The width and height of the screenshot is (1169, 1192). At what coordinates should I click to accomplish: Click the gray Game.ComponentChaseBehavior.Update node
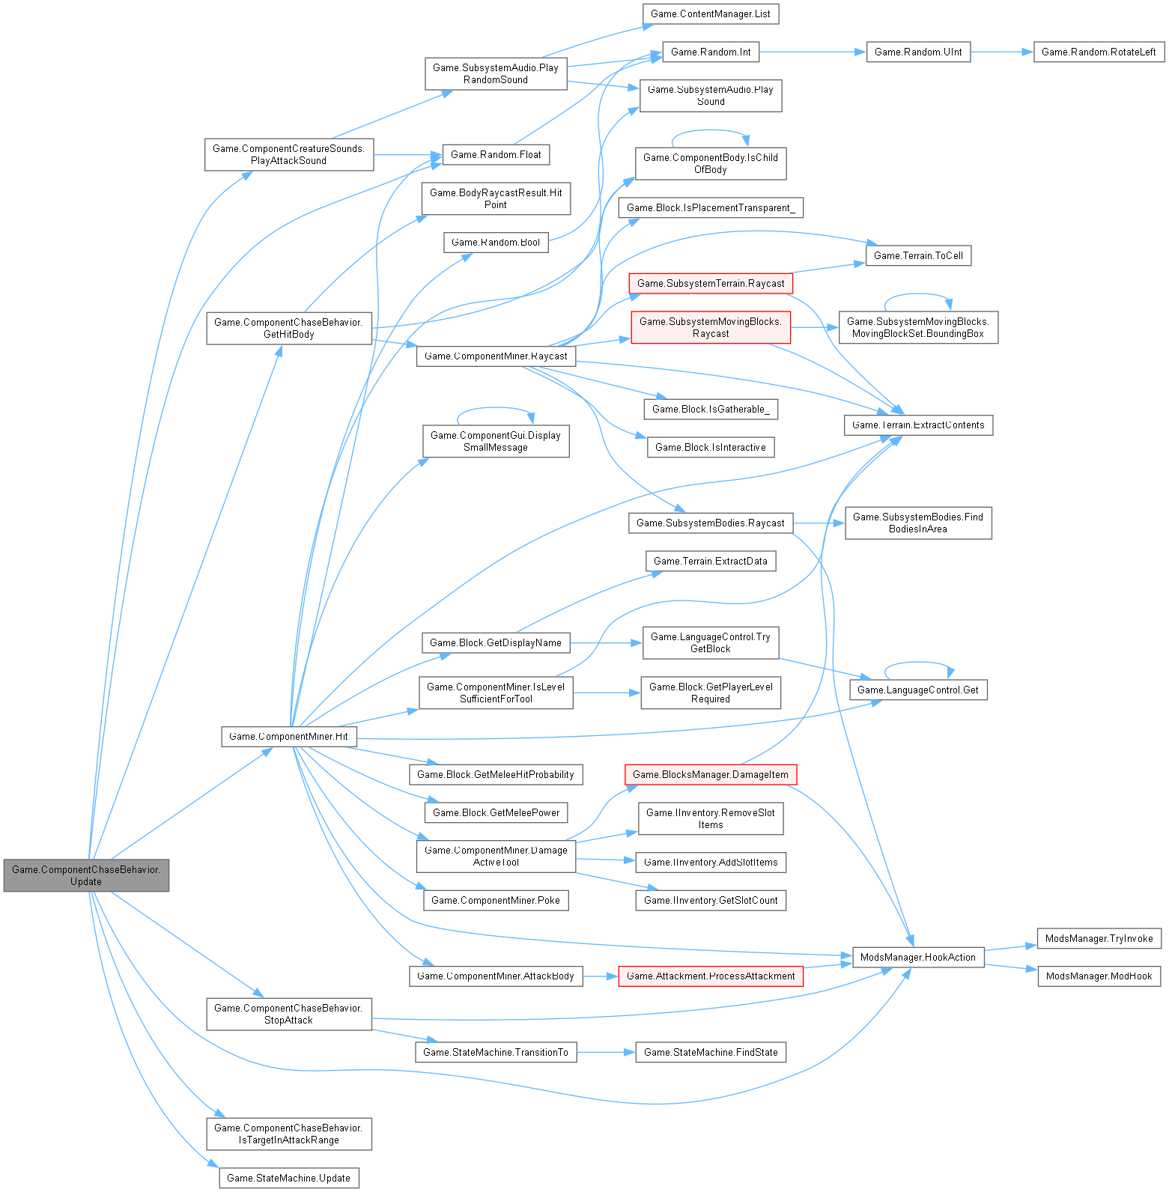[x=86, y=875]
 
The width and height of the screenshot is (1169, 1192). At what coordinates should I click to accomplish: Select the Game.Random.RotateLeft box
[x=1098, y=52]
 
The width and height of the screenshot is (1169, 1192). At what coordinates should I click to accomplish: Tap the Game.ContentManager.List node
[x=710, y=13]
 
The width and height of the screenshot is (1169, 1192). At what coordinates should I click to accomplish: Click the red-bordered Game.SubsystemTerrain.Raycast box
[x=710, y=283]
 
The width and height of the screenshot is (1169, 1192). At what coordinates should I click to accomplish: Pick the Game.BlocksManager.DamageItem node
[x=710, y=774]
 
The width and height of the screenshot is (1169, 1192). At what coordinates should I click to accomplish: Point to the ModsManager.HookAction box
[x=917, y=957]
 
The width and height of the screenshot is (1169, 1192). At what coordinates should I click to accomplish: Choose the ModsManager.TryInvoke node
[x=1099, y=938]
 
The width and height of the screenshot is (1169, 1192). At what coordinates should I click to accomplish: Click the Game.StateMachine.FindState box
[x=710, y=1052]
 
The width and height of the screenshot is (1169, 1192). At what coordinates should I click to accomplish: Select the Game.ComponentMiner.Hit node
[x=288, y=736]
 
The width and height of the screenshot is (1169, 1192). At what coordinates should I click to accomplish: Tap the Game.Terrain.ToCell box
[x=918, y=255]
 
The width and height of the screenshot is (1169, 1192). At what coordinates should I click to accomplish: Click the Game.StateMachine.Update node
[x=288, y=1178]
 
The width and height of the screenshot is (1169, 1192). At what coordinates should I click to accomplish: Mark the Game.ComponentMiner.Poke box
[x=495, y=900]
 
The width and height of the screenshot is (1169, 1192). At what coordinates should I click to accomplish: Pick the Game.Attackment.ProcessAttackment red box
[x=710, y=976]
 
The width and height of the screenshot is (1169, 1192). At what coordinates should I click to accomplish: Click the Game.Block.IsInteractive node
[x=710, y=447]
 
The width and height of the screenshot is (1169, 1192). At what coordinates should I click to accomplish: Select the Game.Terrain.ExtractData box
[x=710, y=561]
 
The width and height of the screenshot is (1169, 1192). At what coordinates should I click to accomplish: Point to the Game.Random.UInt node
[x=918, y=52]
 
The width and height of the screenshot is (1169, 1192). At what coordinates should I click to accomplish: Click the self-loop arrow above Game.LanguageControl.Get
[x=920, y=663]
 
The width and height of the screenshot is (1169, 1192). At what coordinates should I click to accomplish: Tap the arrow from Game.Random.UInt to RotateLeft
[x=1001, y=52]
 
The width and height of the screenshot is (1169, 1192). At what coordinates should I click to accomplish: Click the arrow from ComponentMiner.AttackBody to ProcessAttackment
[x=600, y=976]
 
